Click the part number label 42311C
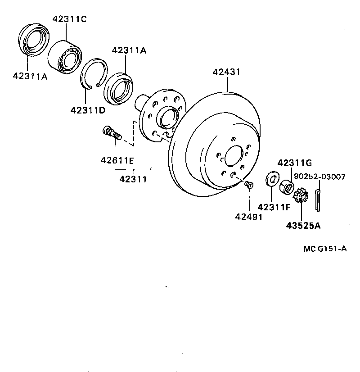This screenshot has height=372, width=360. pyautogui.click(x=69, y=19)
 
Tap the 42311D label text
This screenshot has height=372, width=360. pyautogui.click(x=88, y=109)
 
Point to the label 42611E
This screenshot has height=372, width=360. pyautogui.click(x=117, y=160)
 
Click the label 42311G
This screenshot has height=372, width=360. pyautogui.click(x=294, y=163)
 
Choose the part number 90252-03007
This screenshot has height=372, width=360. pyautogui.click(x=320, y=177)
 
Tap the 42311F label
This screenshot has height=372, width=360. pyautogui.click(x=274, y=207)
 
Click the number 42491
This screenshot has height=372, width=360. pyautogui.click(x=248, y=217)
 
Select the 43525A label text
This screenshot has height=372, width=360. pyautogui.click(x=303, y=226)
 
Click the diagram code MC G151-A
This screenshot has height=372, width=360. pyautogui.click(x=324, y=249)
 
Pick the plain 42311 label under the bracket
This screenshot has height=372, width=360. pyautogui.click(x=133, y=179)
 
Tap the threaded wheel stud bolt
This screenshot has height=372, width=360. pyautogui.click(x=112, y=133)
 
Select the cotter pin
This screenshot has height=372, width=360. pyautogui.click(x=318, y=200)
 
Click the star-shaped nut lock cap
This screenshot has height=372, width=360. pyautogui.click(x=300, y=196)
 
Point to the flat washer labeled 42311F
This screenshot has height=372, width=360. pyautogui.click(x=272, y=179)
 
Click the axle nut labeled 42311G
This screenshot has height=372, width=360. pyautogui.click(x=286, y=186)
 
